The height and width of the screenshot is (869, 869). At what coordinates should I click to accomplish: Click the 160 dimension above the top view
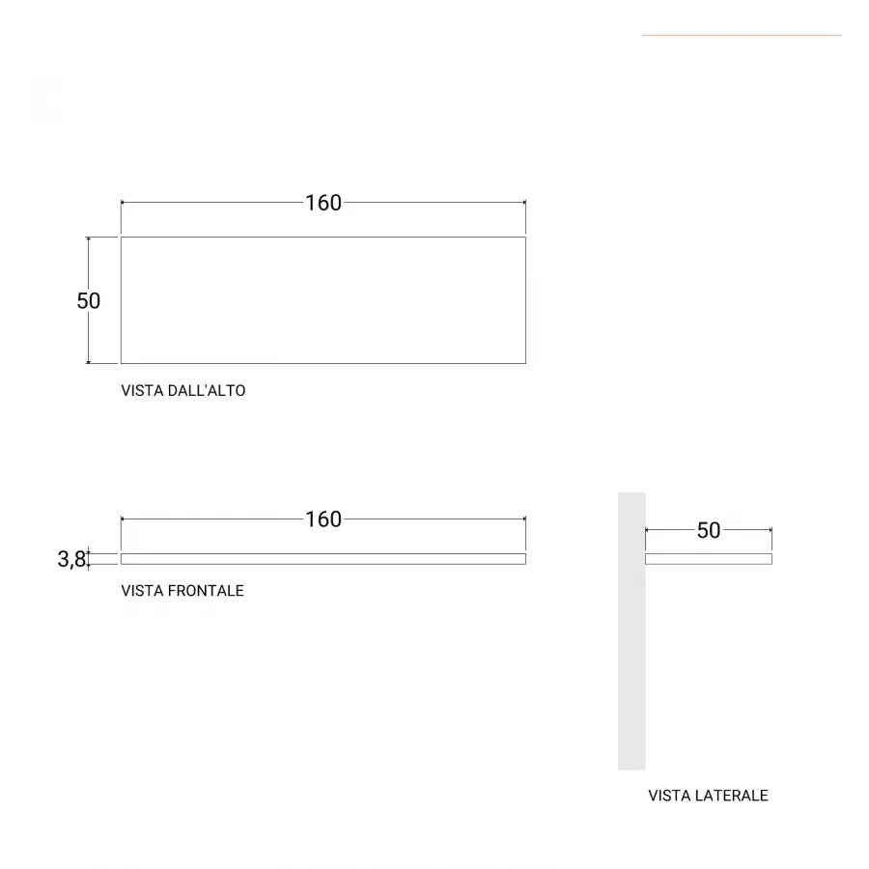(323, 203)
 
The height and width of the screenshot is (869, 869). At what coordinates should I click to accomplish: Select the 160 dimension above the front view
(323, 519)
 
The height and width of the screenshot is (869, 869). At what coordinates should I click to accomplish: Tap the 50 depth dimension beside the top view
(89, 301)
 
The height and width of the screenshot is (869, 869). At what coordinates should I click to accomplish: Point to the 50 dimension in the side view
(709, 530)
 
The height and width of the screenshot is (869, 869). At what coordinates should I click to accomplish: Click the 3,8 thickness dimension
(72, 559)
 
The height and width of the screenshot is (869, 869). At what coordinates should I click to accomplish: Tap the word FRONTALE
(206, 591)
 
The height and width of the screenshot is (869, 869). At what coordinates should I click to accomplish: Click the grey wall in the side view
(631, 631)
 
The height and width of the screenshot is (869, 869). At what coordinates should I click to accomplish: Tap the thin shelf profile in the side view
(709, 559)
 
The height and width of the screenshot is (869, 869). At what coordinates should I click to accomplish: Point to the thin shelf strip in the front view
(323, 559)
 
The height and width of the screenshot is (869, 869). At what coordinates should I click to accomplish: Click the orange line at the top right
(743, 36)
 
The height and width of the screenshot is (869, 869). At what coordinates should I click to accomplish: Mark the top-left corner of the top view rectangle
(122, 238)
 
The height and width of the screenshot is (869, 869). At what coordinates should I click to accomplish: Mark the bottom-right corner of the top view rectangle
(526, 364)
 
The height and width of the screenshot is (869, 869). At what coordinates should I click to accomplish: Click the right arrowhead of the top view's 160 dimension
(523, 203)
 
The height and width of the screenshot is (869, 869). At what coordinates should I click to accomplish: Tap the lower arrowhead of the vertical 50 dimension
(88, 361)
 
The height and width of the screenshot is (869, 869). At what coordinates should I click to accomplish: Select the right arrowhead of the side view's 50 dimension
(770, 530)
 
